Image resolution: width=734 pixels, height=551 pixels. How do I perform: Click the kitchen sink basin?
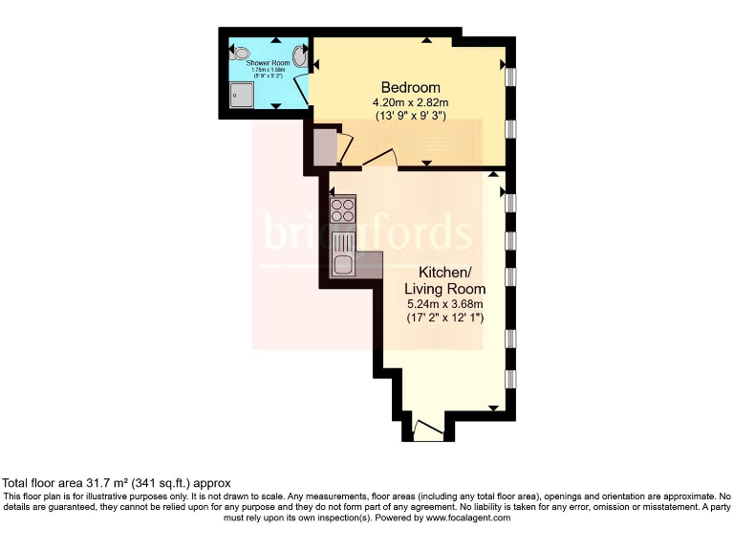342,265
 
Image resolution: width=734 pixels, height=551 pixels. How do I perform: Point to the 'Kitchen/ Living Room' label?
444,280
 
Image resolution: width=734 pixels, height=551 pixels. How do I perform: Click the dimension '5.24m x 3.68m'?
444,304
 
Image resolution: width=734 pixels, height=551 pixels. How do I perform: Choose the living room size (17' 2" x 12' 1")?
444,319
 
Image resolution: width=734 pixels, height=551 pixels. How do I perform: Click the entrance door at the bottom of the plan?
428,429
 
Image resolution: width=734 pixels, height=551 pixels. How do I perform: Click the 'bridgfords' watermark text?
368,232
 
